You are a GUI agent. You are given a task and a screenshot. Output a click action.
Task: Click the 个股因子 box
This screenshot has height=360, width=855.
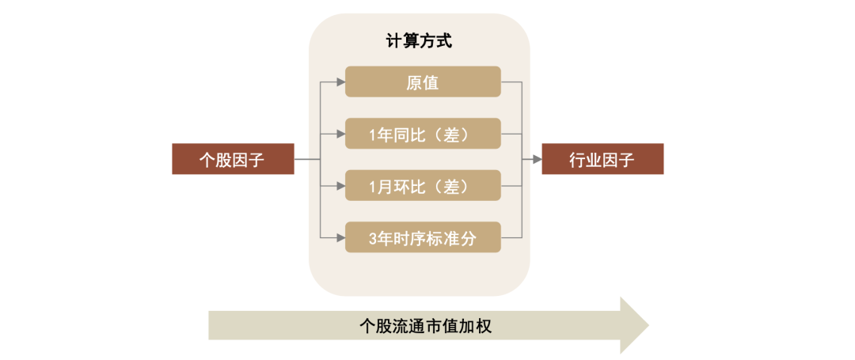[x=233, y=159]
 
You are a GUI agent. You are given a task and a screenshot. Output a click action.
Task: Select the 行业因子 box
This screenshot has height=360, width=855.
[x=602, y=159]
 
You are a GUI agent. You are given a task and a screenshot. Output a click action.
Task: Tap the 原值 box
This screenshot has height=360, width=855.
[x=423, y=81]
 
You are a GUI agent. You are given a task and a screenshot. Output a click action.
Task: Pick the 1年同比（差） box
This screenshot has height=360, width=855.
[x=423, y=134]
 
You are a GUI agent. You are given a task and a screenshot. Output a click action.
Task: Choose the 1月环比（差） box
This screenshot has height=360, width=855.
[x=423, y=186]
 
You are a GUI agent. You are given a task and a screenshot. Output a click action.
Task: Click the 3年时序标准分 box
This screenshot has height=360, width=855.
[x=423, y=237]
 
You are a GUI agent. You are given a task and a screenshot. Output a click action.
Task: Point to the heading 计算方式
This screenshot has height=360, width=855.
[x=420, y=42]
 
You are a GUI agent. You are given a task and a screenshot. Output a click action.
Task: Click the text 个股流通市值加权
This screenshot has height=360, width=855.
[x=425, y=325]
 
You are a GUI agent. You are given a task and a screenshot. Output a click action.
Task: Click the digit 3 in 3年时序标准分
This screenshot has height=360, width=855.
[x=374, y=237]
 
